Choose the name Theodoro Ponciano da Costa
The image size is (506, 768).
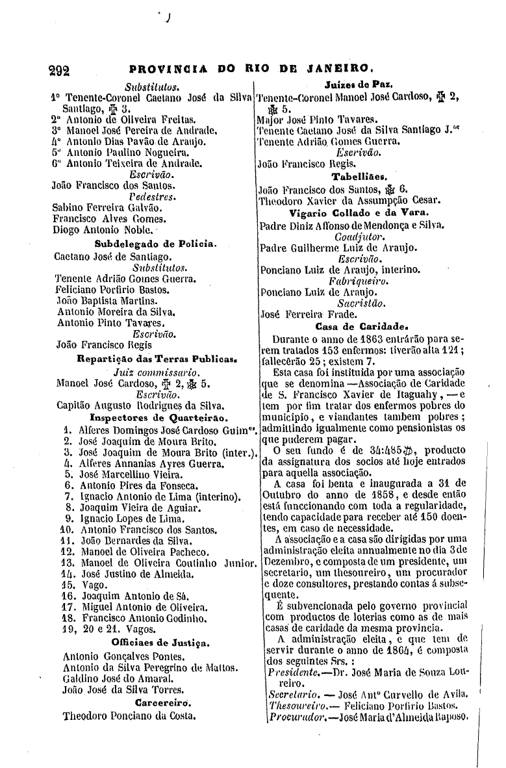point(129,717)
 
